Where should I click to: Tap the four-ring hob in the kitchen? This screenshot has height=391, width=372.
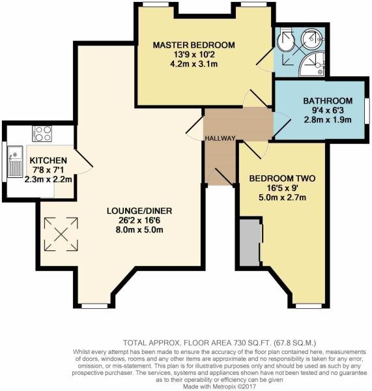[42, 134]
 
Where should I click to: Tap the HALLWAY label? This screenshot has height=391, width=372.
[219, 139]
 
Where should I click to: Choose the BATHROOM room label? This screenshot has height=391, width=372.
[328, 101]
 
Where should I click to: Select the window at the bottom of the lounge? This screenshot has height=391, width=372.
[96, 305]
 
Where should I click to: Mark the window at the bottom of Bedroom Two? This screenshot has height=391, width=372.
[306, 305]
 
